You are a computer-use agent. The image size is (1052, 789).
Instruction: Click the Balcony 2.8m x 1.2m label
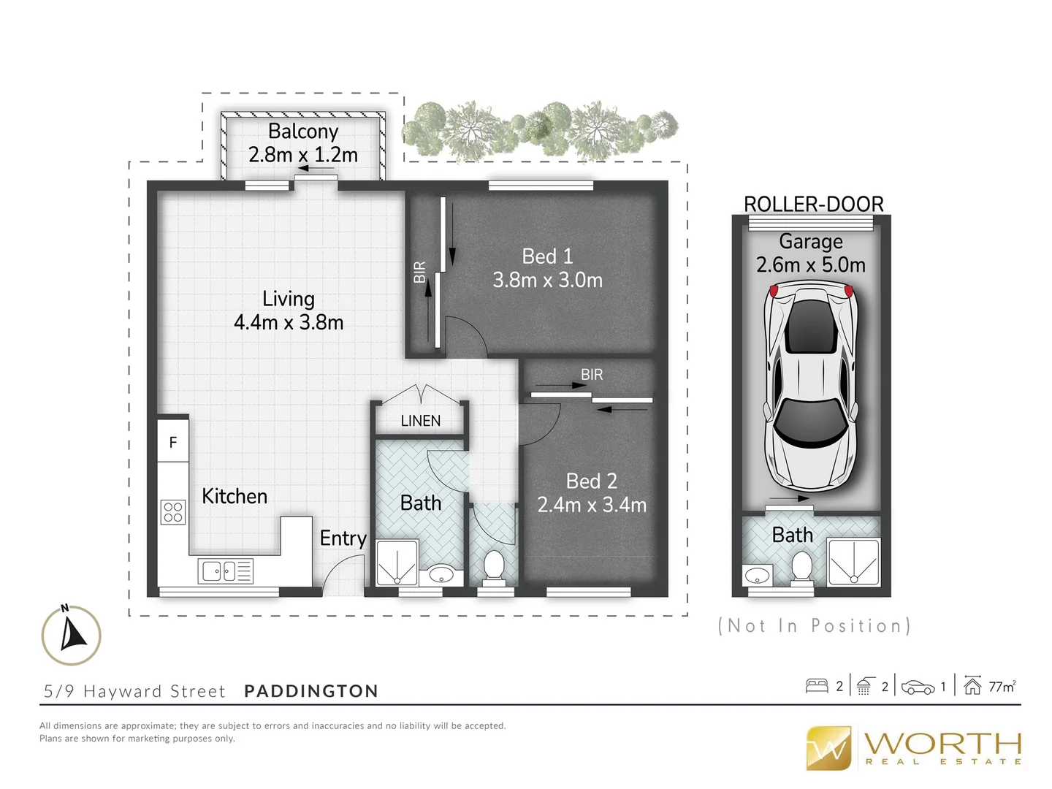(x=302, y=143)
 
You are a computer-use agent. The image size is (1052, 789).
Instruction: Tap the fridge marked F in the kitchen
(x=173, y=442)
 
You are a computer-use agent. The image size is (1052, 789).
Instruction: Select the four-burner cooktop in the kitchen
(x=173, y=511)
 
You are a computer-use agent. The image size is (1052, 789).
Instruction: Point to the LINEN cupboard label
(x=420, y=421)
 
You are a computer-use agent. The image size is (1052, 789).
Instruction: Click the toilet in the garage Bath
(x=802, y=568)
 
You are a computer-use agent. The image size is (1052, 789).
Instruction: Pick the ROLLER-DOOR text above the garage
(x=813, y=204)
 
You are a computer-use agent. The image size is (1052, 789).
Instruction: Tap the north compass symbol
(x=71, y=635)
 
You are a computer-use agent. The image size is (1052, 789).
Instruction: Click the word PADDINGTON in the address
(x=311, y=691)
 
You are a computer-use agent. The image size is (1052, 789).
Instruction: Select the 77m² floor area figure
(x=1002, y=687)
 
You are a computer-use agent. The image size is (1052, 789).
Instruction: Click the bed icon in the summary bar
(x=816, y=686)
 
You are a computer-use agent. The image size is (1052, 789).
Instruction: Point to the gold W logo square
(x=828, y=748)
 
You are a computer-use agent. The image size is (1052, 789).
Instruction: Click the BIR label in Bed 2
(x=592, y=375)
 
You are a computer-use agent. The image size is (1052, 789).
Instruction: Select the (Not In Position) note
(x=814, y=626)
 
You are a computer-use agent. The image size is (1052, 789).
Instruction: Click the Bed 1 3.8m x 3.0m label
(x=547, y=268)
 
